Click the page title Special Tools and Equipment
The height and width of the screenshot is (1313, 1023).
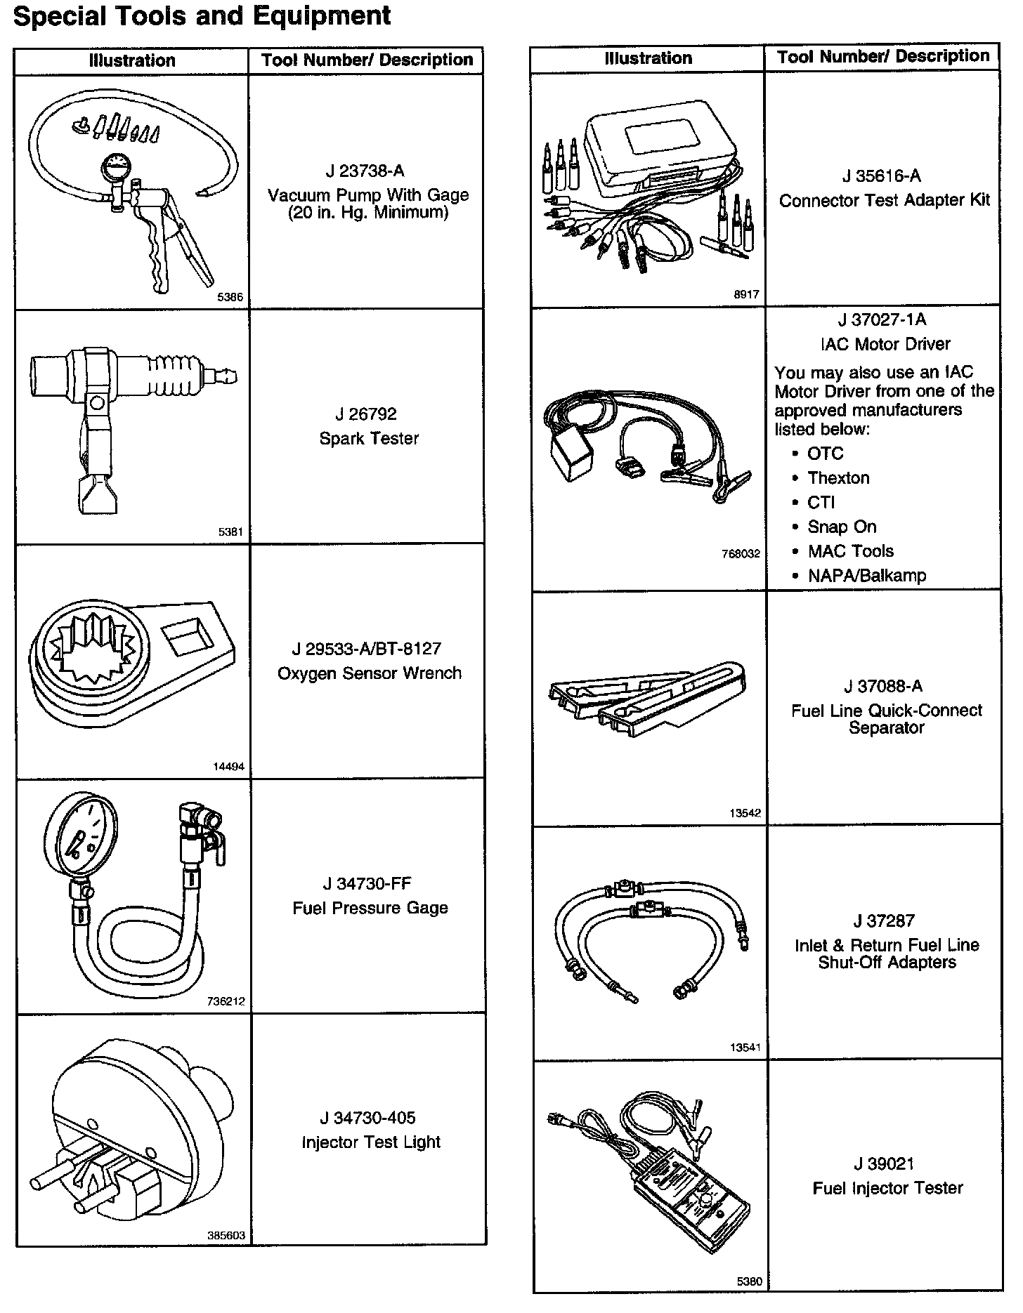tap(202, 15)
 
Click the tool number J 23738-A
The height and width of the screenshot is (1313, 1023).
tap(365, 171)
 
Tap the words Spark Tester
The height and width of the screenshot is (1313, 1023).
tap(369, 439)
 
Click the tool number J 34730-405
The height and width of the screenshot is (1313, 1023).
tap(367, 1117)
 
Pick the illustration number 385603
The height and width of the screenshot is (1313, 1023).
tap(226, 1235)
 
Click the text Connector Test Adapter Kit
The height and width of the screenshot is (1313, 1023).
tap(884, 201)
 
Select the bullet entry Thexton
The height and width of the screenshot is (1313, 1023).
tap(838, 478)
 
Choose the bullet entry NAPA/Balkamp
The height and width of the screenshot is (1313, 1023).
tap(866, 576)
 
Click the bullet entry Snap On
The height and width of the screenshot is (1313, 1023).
tap(842, 527)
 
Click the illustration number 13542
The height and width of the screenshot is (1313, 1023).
tap(745, 813)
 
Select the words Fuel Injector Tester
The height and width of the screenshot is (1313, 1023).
tap(887, 1188)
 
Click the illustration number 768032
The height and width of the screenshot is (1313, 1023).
tap(741, 553)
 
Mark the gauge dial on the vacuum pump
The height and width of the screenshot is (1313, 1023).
tap(115, 170)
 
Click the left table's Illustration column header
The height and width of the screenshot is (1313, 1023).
tap(132, 60)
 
